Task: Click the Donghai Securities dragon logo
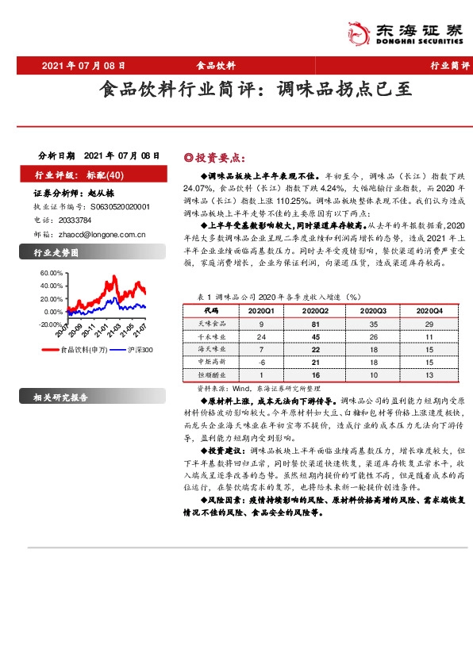(358, 33)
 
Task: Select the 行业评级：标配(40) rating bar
(75, 174)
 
